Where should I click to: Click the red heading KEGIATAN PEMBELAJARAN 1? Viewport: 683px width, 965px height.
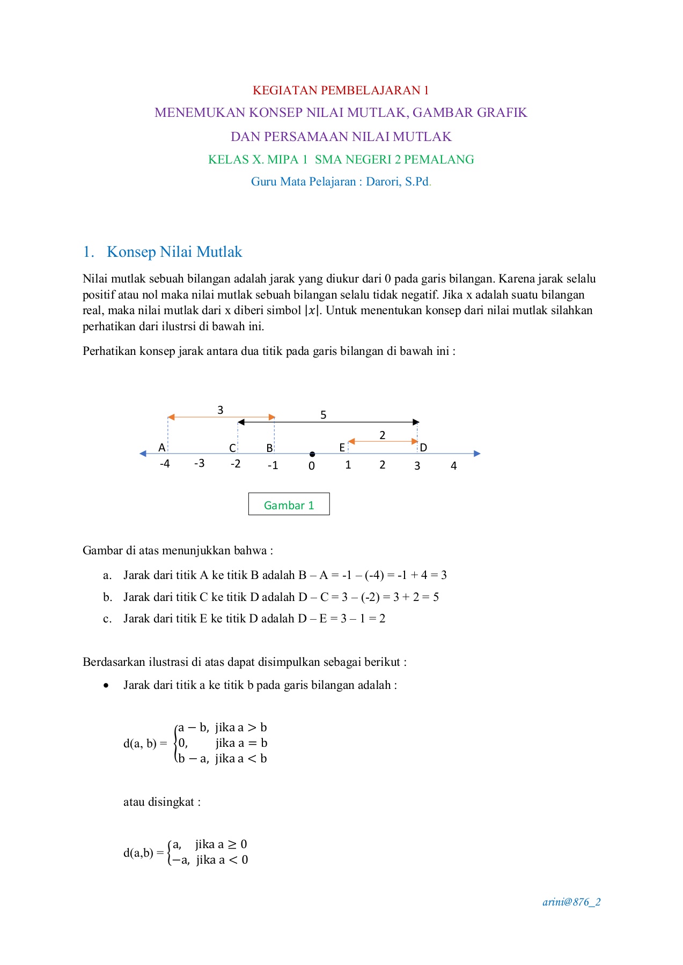pos(341,90)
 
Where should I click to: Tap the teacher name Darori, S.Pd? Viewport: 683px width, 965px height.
pos(398,182)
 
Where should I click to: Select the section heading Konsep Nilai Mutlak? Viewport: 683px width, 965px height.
pos(174,252)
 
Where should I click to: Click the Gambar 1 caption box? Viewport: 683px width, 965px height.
pos(289,504)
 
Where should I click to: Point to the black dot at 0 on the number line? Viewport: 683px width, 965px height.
pos(312,454)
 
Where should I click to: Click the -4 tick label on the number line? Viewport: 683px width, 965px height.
pos(165,464)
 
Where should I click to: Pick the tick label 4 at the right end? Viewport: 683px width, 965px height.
pos(453,466)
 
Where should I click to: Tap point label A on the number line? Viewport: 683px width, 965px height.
pos(161,448)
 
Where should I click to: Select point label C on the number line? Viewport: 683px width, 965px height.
pos(232,448)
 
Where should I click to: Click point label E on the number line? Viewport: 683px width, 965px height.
pos(342,448)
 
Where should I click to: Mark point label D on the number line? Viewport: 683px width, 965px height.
pos(423,448)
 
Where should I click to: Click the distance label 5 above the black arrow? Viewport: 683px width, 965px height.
pos(323,415)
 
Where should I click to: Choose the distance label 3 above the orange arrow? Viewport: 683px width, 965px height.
pos(220,410)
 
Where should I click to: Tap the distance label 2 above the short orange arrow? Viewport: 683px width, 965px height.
pos(382,435)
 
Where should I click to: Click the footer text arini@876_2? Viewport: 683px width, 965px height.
pos(571,902)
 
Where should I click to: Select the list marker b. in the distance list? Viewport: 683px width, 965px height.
pos(107,597)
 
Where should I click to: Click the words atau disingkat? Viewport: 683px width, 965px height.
pos(161,802)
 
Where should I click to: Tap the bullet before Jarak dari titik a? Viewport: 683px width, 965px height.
pos(107,686)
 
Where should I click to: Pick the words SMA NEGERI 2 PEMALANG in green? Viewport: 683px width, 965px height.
pos(394,159)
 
